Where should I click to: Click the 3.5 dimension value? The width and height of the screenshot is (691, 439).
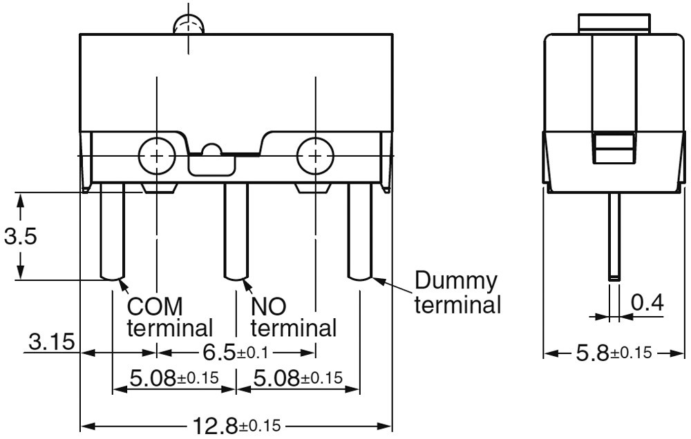click(x=20, y=237)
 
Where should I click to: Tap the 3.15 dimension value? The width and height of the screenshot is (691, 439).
click(x=52, y=342)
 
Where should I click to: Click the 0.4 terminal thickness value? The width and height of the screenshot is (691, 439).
click(x=647, y=302)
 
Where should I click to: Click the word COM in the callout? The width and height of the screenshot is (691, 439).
click(x=155, y=306)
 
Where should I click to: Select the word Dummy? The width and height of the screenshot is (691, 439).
click(x=455, y=280)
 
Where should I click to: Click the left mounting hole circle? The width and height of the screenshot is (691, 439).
click(x=157, y=155)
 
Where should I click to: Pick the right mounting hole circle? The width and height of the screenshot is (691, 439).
click(x=315, y=155)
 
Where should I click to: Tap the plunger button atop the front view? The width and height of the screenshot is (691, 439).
click(x=189, y=25)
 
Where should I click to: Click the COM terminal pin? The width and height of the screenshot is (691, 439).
click(x=113, y=232)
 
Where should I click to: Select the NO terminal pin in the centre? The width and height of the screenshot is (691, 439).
click(x=236, y=232)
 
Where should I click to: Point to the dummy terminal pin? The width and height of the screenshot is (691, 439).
click(x=360, y=232)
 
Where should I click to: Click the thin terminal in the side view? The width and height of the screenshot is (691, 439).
click(x=614, y=237)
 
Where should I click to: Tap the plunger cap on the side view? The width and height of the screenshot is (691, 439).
click(x=614, y=23)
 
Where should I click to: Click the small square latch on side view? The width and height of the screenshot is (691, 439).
click(x=614, y=148)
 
